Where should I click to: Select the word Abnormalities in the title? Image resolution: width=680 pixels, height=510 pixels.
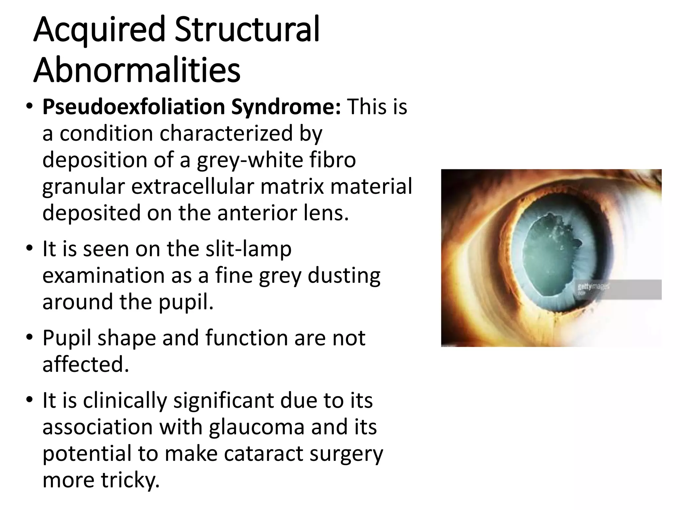(x=137, y=70)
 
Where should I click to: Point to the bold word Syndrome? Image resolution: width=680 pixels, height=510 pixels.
(x=286, y=107)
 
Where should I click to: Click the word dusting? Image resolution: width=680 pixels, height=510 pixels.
(x=344, y=275)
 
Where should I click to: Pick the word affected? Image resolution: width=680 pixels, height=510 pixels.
(x=85, y=364)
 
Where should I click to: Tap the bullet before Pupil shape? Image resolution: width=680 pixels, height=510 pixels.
(x=29, y=338)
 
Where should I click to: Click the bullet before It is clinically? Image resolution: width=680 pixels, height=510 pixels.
(x=29, y=400)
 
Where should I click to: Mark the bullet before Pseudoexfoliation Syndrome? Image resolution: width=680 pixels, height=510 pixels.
(x=29, y=107)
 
